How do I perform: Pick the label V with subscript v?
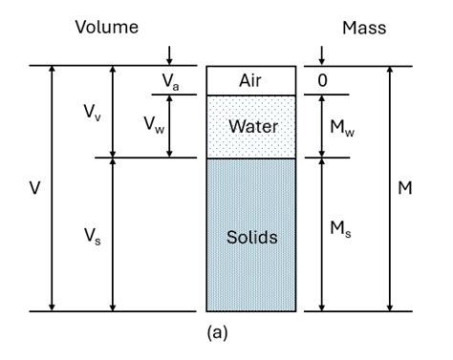87,112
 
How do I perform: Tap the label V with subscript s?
87,235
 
